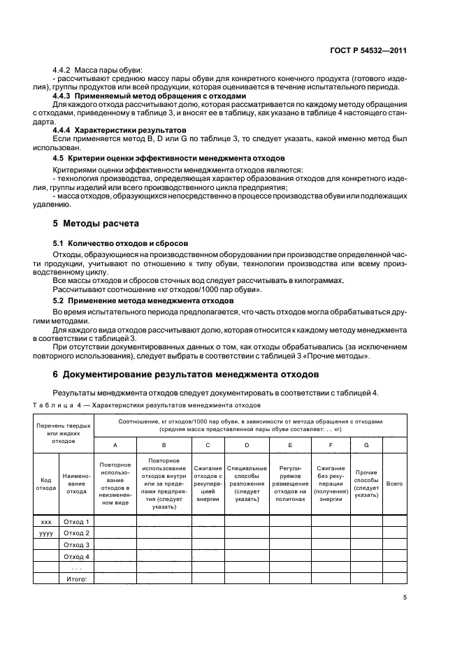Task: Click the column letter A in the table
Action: [115, 444]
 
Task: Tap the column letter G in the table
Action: [366, 444]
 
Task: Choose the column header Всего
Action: [395, 484]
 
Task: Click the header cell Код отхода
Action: [45, 484]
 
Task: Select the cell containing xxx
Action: [45, 522]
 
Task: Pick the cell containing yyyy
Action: [45, 533]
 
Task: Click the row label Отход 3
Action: [76, 544]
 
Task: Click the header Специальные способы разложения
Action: [247, 484]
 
